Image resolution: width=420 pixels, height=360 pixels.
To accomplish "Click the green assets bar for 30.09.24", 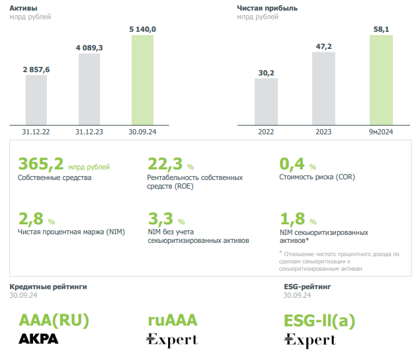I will pyautogui.click(x=142, y=79).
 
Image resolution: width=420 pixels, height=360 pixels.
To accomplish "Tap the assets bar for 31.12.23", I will pyautogui.click(x=89, y=89).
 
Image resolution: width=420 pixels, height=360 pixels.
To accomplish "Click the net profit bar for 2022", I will pyautogui.click(x=266, y=101).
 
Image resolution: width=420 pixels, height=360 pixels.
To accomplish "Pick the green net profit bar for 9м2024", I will pyautogui.click(x=381, y=79).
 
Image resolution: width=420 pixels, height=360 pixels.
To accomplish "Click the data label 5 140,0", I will pyautogui.click(x=142, y=28).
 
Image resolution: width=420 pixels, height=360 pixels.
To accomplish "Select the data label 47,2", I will pyautogui.click(x=323, y=46).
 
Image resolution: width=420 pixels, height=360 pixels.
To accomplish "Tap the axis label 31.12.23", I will pyautogui.click(x=89, y=132).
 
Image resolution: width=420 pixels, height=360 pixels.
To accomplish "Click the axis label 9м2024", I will pyautogui.click(x=381, y=132).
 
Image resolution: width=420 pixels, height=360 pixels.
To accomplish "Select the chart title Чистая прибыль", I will pyautogui.click(x=267, y=8).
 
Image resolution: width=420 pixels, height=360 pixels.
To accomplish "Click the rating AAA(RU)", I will pyautogui.click(x=54, y=320).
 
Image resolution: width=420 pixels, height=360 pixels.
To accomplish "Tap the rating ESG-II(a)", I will pyautogui.click(x=319, y=320).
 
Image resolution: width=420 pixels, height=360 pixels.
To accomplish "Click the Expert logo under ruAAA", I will pyautogui.click(x=172, y=340).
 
